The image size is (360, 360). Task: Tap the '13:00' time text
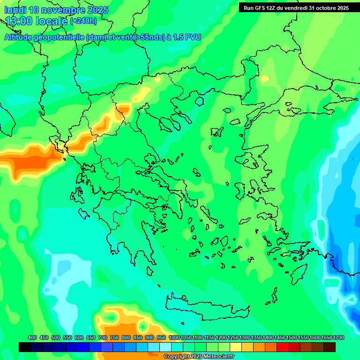coord(19,21)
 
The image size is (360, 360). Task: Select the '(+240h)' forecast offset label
coord(83,21)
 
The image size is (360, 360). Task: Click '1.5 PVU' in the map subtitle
coord(187,37)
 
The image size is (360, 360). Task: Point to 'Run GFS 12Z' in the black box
coord(261,8)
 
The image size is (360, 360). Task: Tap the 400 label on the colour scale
coord(32,338)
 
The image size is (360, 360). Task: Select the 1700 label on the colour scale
coord(338,338)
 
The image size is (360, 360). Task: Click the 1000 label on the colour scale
coord(174,338)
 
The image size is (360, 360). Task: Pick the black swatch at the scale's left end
coord(25,347)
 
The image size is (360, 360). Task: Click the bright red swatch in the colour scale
coord(283,347)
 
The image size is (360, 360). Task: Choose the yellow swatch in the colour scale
coord(236,347)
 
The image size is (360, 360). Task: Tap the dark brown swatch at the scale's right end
coord(330,347)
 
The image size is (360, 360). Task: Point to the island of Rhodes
coord(298,276)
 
